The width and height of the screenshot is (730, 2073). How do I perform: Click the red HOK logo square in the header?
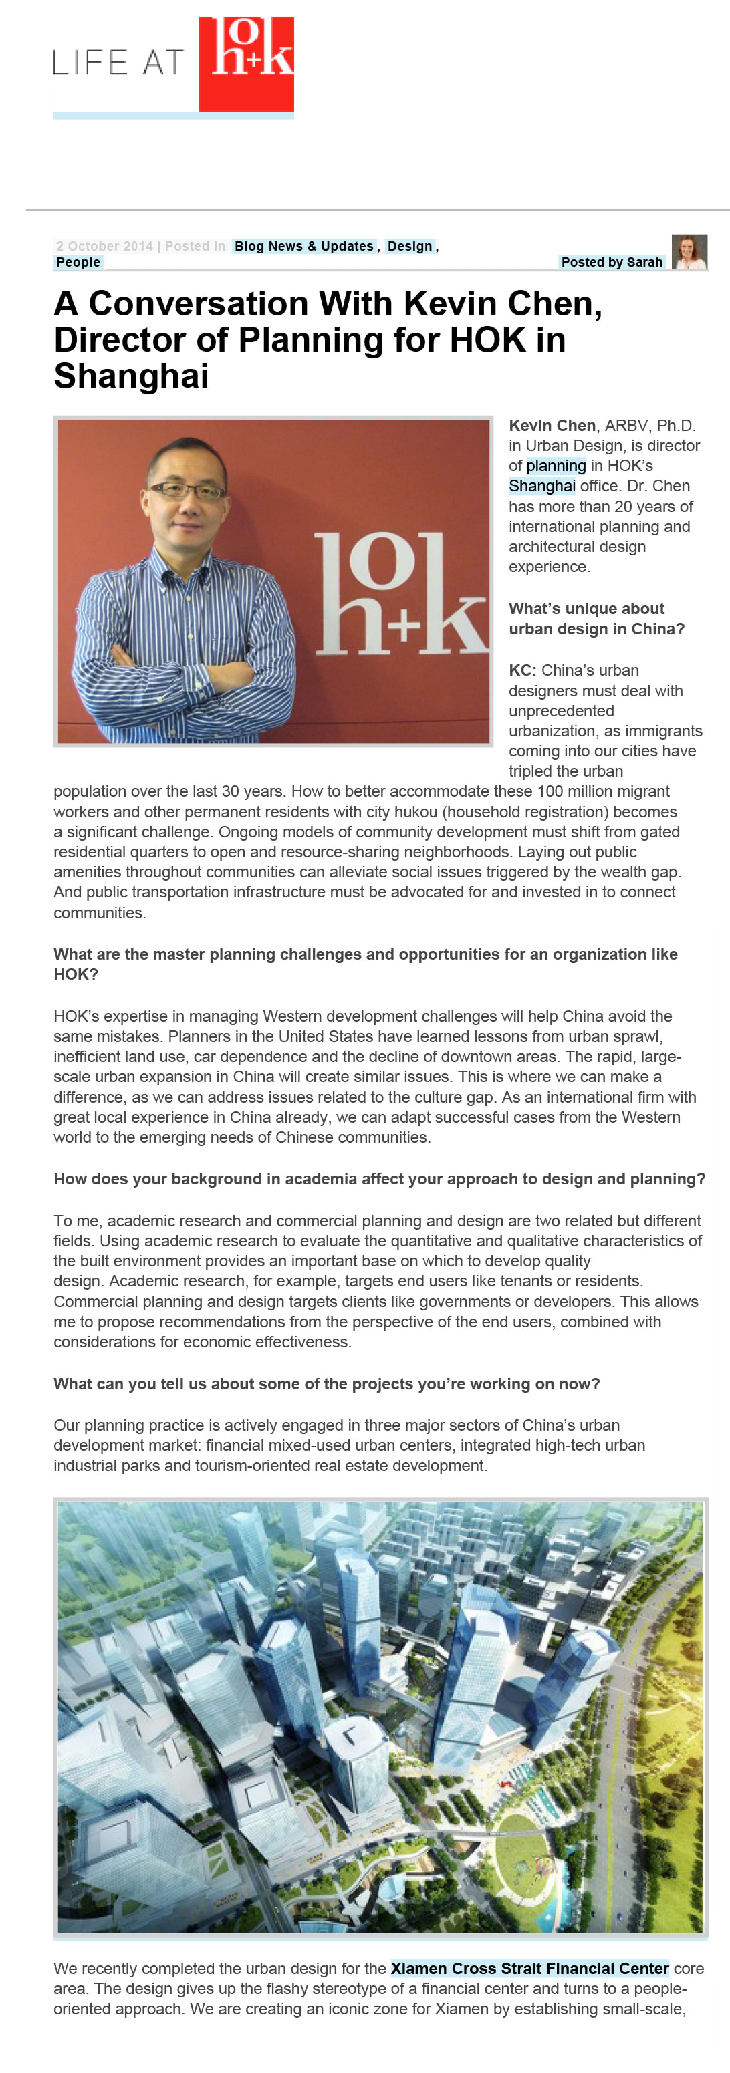(245, 64)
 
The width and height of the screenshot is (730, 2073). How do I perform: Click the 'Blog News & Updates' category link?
(303, 246)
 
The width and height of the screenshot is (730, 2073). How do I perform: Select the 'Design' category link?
(410, 246)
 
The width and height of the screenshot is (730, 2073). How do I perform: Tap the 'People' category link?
(78, 263)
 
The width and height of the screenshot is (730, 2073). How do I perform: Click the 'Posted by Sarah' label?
(611, 263)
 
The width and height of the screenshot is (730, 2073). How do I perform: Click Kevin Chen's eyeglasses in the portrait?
(187, 489)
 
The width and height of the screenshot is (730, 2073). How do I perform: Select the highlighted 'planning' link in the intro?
(556, 466)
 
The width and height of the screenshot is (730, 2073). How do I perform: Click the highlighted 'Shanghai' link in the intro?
(541, 486)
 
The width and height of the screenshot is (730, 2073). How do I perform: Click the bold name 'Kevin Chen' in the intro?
(552, 426)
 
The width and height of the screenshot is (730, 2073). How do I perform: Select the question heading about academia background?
(379, 1179)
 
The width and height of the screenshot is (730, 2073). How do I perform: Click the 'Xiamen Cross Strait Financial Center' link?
(529, 1968)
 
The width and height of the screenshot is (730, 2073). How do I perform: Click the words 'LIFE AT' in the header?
(119, 63)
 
